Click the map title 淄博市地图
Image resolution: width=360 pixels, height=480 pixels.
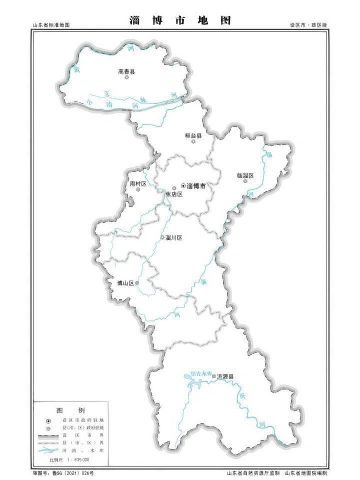(x=180, y=20)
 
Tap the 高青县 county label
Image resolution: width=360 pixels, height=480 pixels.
(x=126, y=72)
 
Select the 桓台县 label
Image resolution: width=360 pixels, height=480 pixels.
(x=193, y=136)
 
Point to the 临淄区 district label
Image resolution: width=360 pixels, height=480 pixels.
(x=246, y=175)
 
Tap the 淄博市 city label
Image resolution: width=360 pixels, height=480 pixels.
(x=196, y=186)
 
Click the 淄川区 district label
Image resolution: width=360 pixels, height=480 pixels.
(x=173, y=238)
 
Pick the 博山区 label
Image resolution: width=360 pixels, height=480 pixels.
(x=126, y=283)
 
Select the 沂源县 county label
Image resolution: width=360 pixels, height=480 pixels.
(x=225, y=376)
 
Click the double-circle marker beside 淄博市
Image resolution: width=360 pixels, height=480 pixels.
(x=183, y=186)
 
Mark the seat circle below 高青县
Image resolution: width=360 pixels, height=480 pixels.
(x=127, y=78)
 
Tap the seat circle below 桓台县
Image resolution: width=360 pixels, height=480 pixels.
(x=193, y=142)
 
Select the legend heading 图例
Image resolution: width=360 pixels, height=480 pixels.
(x=70, y=410)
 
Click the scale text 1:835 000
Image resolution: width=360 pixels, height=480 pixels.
(x=77, y=460)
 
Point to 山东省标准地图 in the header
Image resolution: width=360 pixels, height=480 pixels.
(x=51, y=25)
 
